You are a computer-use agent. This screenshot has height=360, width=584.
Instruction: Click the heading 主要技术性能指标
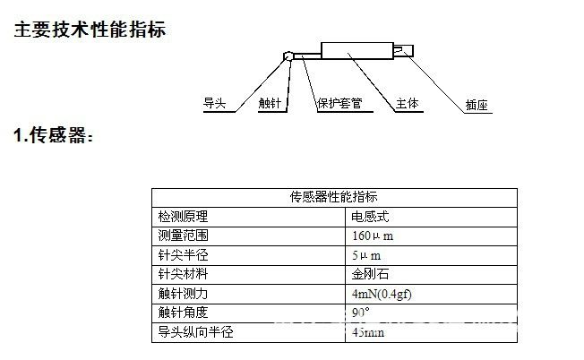(90, 30)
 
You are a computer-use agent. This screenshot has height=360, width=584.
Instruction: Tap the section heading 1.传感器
(54, 136)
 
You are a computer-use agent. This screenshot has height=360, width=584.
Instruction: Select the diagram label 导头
(215, 104)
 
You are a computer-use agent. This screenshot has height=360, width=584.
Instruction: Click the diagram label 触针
(269, 104)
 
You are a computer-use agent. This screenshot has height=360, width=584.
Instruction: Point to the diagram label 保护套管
(339, 104)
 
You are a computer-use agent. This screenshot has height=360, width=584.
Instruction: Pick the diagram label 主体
(409, 104)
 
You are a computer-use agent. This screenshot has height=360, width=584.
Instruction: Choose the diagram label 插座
(477, 105)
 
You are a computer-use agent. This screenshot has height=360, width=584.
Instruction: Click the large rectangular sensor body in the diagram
(358, 50)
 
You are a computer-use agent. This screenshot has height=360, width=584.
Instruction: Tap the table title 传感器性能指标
(334, 197)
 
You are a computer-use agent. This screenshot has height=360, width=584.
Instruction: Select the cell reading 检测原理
(184, 216)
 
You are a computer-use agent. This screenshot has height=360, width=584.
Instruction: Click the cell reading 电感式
(369, 216)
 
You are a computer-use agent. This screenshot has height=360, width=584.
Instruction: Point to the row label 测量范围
(184, 236)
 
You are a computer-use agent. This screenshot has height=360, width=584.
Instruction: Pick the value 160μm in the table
(373, 236)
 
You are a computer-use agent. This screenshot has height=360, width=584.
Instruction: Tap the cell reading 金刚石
(369, 274)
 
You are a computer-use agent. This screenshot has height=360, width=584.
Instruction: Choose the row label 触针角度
(184, 313)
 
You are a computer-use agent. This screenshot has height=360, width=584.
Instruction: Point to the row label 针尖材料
(184, 274)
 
